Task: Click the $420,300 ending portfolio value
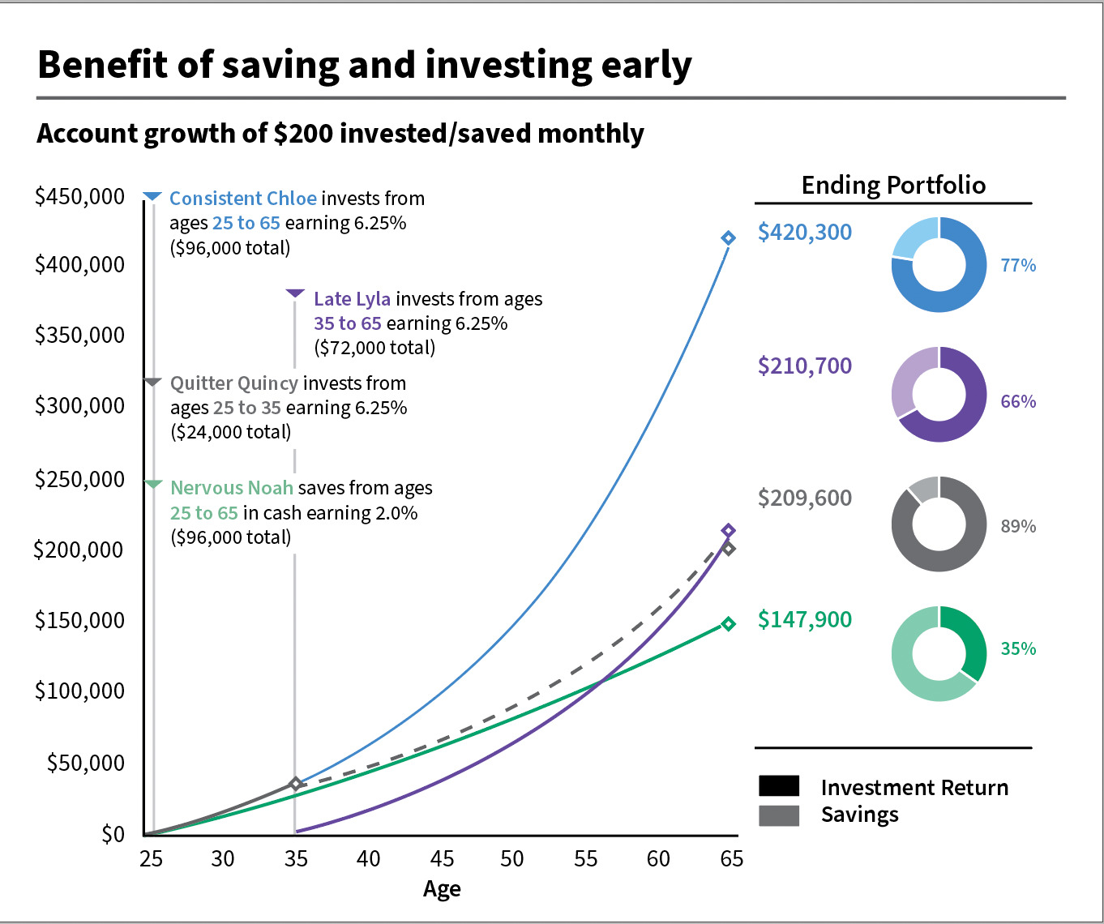pyautogui.click(x=804, y=233)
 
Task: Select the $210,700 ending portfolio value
pyautogui.click(x=804, y=366)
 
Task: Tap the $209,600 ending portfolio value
pyautogui.click(x=804, y=498)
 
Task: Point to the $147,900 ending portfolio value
pyautogui.click(x=804, y=620)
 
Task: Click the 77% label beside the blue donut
pyautogui.click(x=1018, y=266)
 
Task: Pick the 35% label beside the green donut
pyautogui.click(x=1018, y=649)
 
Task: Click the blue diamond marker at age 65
pyautogui.click(x=728, y=237)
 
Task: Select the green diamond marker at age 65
pyautogui.click(x=728, y=624)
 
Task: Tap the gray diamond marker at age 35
pyautogui.click(x=296, y=784)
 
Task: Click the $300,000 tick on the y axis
pyautogui.click(x=79, y=406)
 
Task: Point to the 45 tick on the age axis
pyautogui.click(x=442, y=859)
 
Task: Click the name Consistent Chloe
pyautogui.click(x=242, y=199)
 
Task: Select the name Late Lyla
pyautogui.click(x=352, y=299)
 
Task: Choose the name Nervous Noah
pyautogui.click(x=232, y=488)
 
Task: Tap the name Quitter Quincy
pyautogui.click(x=234, y=383)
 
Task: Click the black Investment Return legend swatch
pyautogui.click(x=779, y=786)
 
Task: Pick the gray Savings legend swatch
pyautogui.click(x=779, y=815)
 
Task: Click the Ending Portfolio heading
pyautogui.click(x=893, y=186)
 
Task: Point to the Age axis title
pyautogui.click(x=442, y=889)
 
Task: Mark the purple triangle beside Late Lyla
pyautogui.click(x=295, y=293)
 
